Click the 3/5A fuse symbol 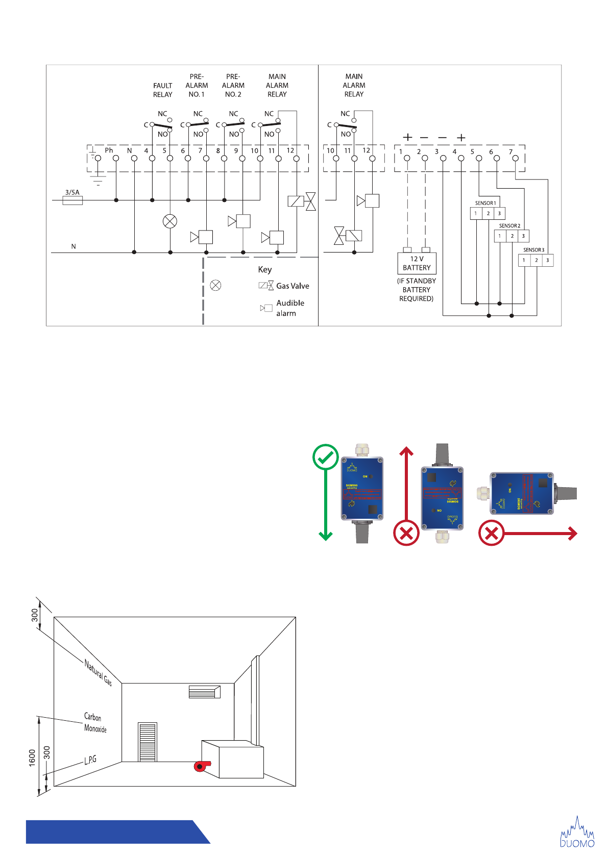tap(72, 200)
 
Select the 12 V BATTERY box tap(417, 263)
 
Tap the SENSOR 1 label tap(485, 203)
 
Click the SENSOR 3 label tap(533, 250)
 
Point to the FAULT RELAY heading tap(163, 90)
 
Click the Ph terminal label tap(109, 150)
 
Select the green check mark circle tap(325, 457)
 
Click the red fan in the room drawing tap(202, 766)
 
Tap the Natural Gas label tap(98, 672)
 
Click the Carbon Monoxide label tap(95, 723)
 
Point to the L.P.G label tap(90, 760)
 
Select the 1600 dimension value tap(32, 757)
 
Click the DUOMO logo tap(577, 832)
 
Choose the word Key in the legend tap(265, 270)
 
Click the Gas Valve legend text tap(293, 286)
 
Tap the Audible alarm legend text tap(289, 308)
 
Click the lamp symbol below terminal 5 tap(170, 221)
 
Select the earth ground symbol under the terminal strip tap(98, 179)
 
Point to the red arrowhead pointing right tap(573, 534)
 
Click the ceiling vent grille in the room tap(204, 692)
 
